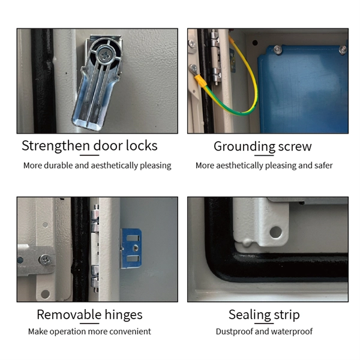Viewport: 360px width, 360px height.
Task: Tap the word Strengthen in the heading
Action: [56, 146]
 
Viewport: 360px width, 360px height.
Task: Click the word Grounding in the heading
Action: [245, 147]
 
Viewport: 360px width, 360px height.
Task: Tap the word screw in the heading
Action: [295, 147]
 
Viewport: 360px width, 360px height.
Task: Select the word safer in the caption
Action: [323, 166]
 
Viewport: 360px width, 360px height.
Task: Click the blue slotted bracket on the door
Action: [131, 248]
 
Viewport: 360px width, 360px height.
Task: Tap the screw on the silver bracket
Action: [46, 260]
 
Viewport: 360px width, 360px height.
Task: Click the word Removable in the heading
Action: [69, 314]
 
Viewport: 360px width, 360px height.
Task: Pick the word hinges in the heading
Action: [124, 315]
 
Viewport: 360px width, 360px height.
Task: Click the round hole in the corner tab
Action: [275, 232]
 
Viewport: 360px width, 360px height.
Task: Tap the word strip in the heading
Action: [287, 315]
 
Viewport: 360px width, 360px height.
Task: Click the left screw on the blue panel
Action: [278, 50]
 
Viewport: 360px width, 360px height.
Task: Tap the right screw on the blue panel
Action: [343, 50]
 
